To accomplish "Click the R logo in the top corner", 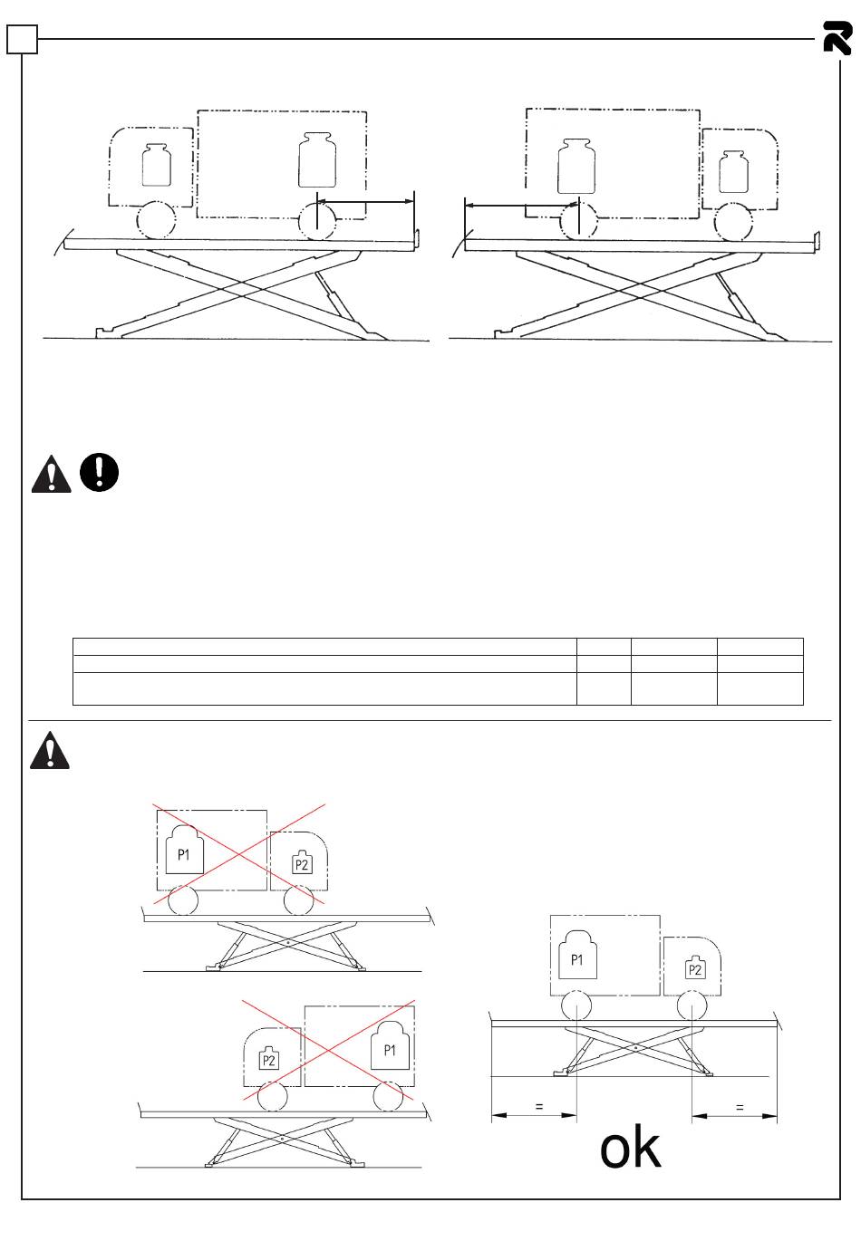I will (x=837, y=38).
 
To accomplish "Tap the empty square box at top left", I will (x=23, y=39).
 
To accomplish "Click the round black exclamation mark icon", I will (x=99, y=472).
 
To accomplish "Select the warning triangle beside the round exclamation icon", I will (x=51, y=474).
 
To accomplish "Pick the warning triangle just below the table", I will (x=49, y=751).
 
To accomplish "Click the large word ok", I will (x=631, y=1149).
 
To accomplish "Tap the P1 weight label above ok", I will (x=577, y=958).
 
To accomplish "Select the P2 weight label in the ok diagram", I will (x=695, y=968).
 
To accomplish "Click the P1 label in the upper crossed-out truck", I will (x=184, y=853).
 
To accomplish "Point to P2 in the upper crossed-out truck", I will (x=302, y=864).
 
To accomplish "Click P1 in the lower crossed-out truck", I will (x=391, y=1050).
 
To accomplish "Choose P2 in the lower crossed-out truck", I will (x=268, y=1060).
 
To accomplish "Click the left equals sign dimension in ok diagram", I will (x=538, y=1106).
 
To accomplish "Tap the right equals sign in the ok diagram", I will (x=740, y=1106).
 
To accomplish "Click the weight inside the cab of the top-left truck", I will (x=157, y=165).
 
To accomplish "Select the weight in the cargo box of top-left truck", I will (x=317, y=161).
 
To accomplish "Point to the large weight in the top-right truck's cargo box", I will (x=576, y=166).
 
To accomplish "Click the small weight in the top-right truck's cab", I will (x=736, y=171).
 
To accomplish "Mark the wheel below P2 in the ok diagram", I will (x=692, y=1005).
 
